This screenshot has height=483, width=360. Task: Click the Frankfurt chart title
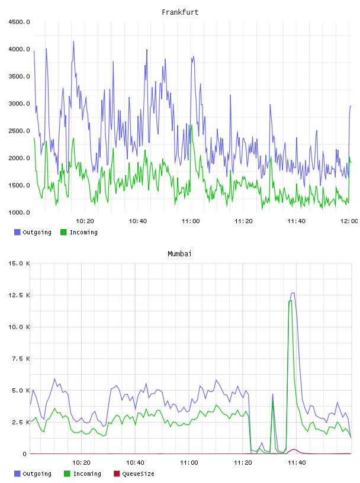180,12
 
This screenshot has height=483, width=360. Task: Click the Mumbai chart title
179,253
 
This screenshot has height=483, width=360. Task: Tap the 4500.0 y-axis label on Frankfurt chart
19,22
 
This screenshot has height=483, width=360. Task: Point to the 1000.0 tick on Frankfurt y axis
19,212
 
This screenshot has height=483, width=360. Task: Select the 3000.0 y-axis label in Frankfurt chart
19,104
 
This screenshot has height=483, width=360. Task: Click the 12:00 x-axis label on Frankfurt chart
349,221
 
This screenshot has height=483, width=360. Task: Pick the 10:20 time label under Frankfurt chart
85,221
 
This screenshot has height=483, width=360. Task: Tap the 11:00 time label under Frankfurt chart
191,221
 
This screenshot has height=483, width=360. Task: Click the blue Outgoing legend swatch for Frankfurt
17,232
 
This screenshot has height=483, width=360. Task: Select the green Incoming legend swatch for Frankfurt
63,232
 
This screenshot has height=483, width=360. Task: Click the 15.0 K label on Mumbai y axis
19,263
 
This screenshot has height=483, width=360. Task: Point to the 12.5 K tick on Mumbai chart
19,295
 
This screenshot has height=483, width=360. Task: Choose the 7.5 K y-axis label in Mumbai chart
21,359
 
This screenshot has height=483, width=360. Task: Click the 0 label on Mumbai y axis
24,454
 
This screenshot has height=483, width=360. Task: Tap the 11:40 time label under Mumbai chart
297,462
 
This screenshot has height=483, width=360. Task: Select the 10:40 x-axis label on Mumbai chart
135,462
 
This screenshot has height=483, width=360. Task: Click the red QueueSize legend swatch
117,474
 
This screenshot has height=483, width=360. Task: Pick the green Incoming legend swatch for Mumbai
67,474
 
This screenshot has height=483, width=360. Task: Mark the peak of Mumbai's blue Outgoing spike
293,293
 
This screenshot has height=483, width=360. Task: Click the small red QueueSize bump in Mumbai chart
294,449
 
